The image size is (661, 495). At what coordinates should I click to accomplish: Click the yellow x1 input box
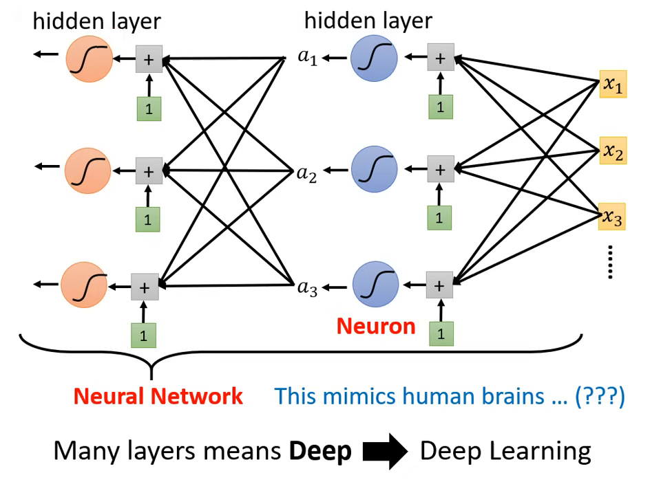tap(613, 85)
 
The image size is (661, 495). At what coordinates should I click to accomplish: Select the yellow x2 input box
tap(613, 151)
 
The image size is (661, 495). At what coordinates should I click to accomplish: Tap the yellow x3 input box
tap(612, 218)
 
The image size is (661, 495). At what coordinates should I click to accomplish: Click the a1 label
tap(307, 57)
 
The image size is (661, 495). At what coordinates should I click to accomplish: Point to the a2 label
tap(306, 173)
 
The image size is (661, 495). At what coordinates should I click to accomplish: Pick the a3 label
tap(307, 287)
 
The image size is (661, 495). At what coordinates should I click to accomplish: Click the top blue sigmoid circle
tap(374, 58)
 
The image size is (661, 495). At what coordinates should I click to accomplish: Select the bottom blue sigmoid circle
tap(375, 285)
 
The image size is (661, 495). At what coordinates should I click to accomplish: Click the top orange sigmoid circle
tap(89, 58)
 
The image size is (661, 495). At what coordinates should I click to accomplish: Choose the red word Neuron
tap(376, 325)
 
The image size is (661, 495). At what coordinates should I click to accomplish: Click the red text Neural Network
tap(158, 396)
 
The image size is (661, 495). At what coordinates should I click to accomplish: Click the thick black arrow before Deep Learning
tap(386, 451)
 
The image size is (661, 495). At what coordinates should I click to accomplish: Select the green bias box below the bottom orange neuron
tap(144, 335)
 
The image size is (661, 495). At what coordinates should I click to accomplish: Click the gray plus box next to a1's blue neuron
tap(441, 58)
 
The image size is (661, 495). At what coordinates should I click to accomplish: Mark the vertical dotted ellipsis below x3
tap(611, 262)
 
